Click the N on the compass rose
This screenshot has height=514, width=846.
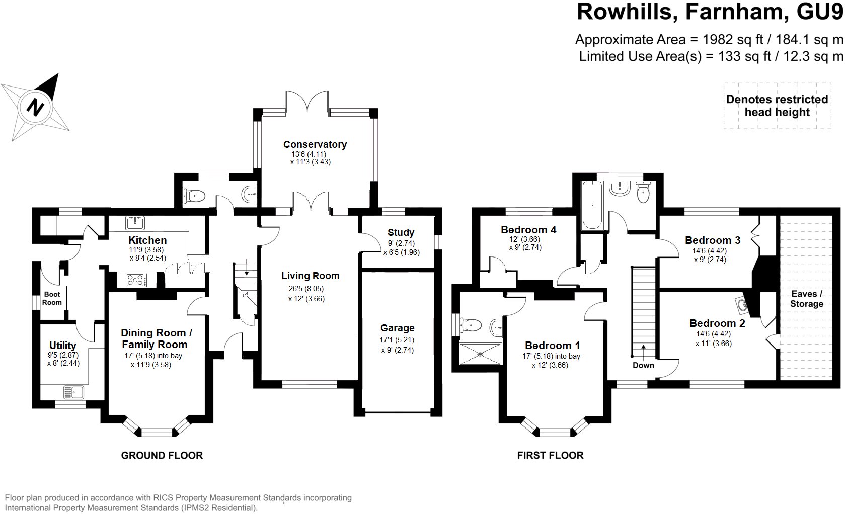(x=35, y=106)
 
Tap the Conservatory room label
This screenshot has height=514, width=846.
(x=315, y=145)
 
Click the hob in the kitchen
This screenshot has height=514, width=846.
(x=136, y=280)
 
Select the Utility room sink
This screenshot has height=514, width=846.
(x=73, y=392)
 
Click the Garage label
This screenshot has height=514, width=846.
(x=397, y=328)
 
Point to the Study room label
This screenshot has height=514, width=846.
(x=401, y=232)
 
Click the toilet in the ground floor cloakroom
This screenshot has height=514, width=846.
(x=195, y=196)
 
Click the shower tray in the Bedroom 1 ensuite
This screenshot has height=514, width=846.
(x=480, y=354)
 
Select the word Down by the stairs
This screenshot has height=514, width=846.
(x=643, y=365)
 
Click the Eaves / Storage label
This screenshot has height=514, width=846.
(x=806, y=299)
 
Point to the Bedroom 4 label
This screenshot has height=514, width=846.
(x=528, y=230)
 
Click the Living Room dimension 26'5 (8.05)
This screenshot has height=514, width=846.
(x=306, y=289)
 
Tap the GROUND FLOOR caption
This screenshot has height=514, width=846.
(x=162, y=455)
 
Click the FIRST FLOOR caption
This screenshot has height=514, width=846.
(x=550, y=455)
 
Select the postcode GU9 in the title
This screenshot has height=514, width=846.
(x=819, y=12)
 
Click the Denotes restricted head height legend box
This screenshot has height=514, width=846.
(x=777, y=106)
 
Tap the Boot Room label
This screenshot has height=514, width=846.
(x=52, y=298)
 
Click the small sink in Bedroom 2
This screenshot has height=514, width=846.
(x=742, y=304)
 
